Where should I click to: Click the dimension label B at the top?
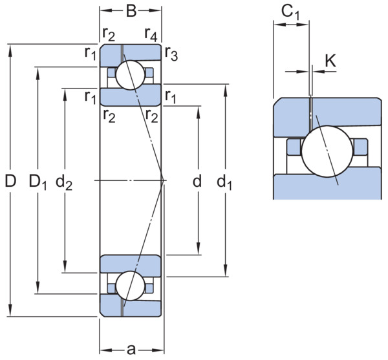coord(131,11)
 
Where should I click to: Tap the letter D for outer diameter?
coord(10,181)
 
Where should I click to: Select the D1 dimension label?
coord(38,182)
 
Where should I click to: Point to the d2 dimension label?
coord(64,182)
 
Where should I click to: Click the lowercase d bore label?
coord(197,181)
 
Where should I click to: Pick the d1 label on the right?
coord(224,182)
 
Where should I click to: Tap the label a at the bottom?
coord(131,350)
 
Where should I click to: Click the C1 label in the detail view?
coord(290,12)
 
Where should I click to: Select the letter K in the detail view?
coord(330,61)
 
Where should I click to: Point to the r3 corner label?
coord(171,54)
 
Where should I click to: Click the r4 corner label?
coord(151,34)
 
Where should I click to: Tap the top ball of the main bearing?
coord(130,75)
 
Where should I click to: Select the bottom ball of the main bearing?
coord(130,286)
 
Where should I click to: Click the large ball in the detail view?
coord(327,151)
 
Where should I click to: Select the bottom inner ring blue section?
coord(131,266)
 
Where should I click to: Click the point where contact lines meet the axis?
coord(164,180)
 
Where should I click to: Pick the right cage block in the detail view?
coord(360,147)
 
